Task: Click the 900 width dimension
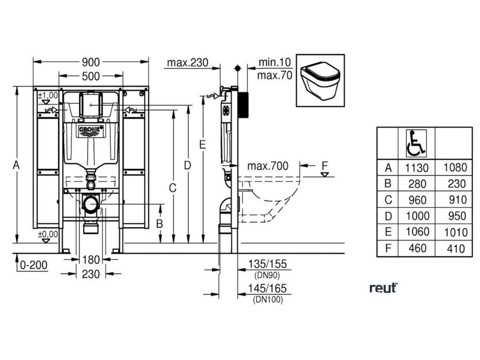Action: point(90,62)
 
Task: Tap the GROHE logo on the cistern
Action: point(90,130)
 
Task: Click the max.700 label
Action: point(268,165)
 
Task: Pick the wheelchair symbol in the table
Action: point(415,143)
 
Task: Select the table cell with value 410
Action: point(453,248)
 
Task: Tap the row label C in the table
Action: point(388,200)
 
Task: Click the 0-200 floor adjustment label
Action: point(34,265)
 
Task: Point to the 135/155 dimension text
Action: point(268,264)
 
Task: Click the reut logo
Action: point(383,288)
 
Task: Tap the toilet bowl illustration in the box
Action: point(320,80)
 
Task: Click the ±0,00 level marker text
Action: point(48,234)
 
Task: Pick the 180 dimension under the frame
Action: point(90,259)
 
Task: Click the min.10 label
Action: point(275,62)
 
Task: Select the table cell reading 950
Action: point(453,216)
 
